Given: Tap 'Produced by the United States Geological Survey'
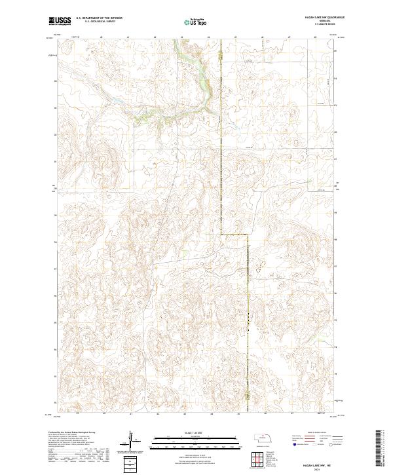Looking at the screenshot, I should coord(73,433).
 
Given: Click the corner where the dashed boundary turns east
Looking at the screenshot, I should coord(221,234).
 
